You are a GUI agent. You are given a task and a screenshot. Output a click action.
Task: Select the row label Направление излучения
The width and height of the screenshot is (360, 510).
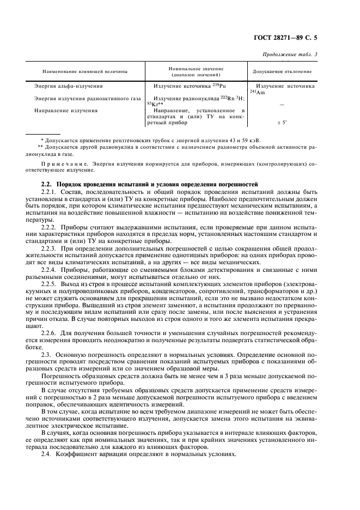point(66,111)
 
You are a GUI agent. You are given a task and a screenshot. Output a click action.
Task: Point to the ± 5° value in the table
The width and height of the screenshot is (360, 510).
point(282,123)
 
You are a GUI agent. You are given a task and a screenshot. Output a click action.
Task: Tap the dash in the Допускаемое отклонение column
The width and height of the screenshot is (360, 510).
point(282,105)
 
